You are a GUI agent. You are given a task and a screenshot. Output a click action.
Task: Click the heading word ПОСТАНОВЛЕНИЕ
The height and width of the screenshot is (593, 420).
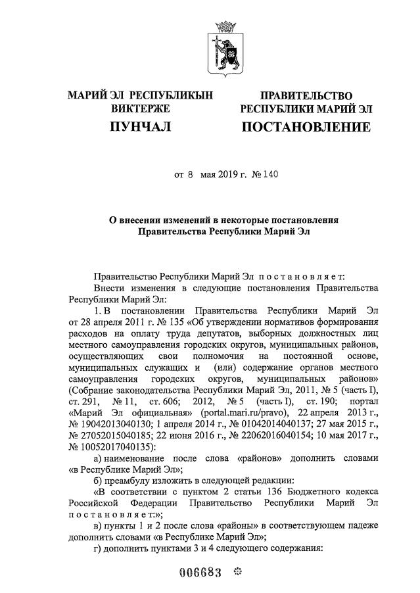[306, 126]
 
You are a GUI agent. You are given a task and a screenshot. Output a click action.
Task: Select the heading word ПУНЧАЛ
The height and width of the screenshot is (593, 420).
[140, 126]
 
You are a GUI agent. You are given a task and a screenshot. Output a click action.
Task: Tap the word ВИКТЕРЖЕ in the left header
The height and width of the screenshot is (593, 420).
[140, 108]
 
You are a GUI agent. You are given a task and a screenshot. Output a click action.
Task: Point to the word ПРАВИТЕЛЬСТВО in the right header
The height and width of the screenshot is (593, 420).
[306, 96]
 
